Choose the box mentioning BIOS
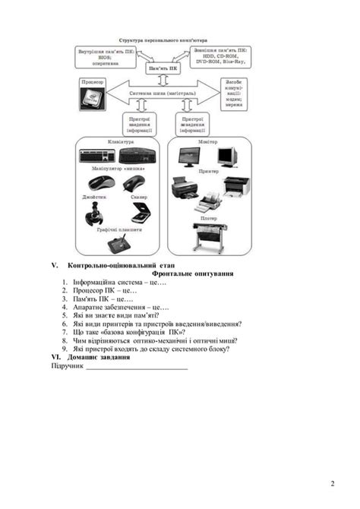tap(106, 56)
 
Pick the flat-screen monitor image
tap(190, 158)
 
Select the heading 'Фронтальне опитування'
tap(193, 273)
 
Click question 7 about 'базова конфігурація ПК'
tap(134, 332)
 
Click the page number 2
tap(332, 483)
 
